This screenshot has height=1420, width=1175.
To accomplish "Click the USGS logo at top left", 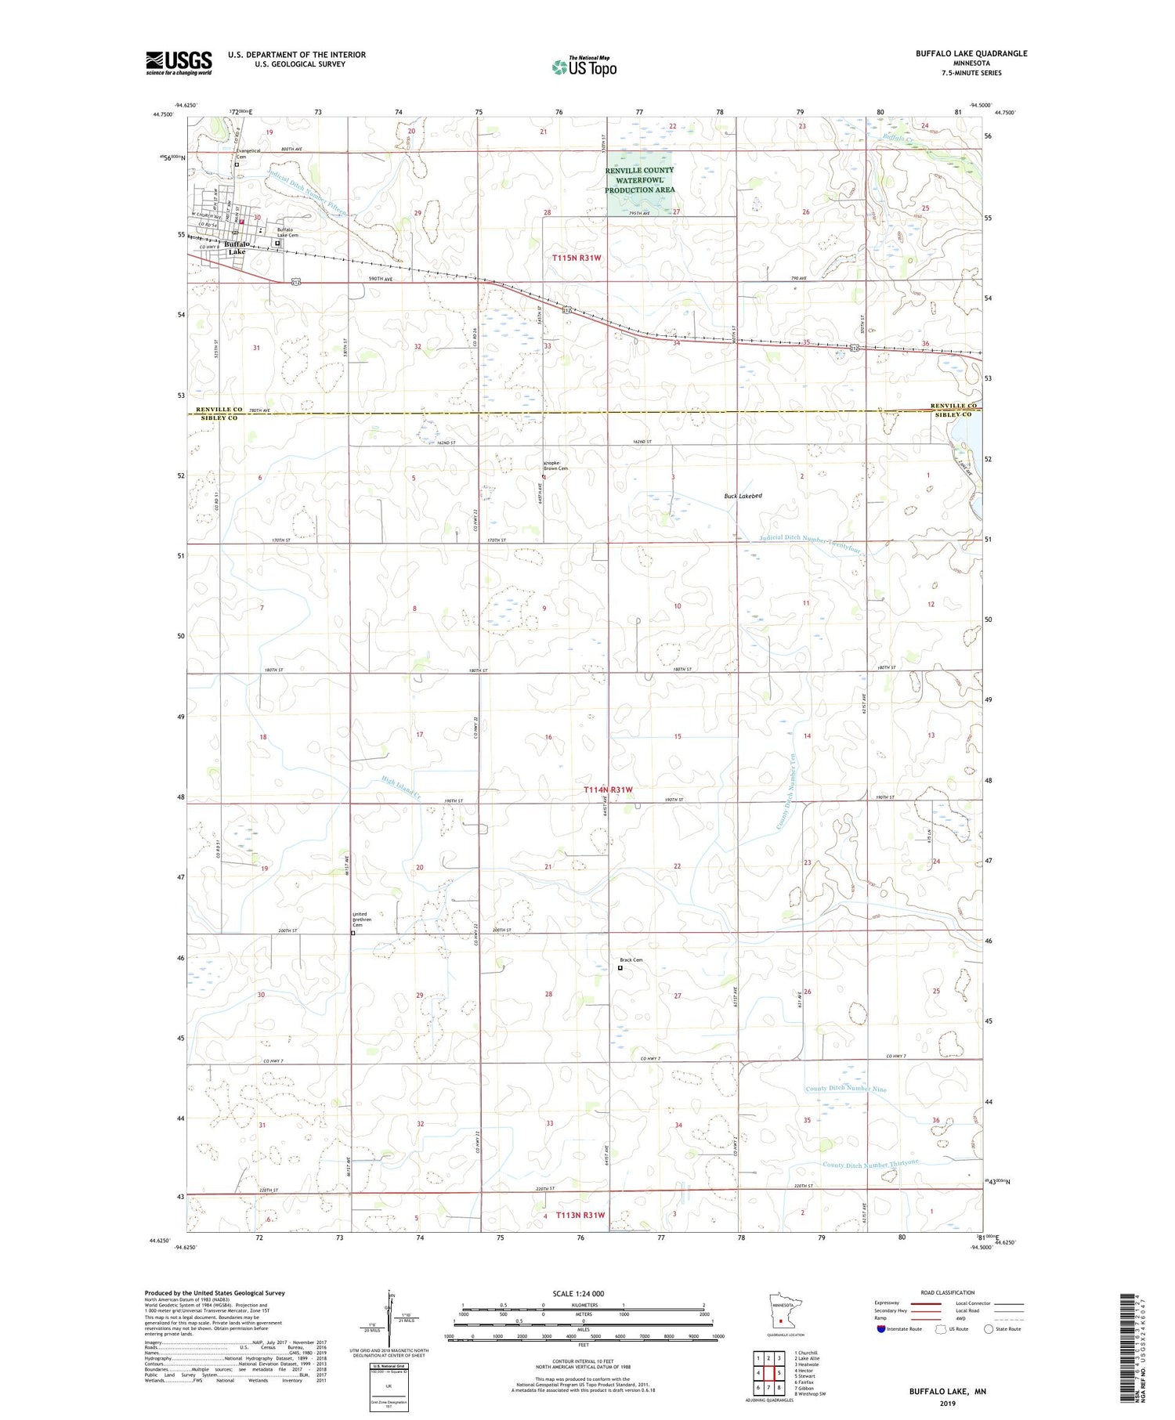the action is coord(179,63).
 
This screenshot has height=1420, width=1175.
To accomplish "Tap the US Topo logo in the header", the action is coord(584,67).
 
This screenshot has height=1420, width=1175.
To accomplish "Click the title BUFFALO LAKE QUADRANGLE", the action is coord(971,54).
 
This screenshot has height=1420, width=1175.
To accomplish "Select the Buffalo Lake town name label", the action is coord(236,248).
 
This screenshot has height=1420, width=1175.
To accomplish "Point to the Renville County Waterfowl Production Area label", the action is coord(639,180).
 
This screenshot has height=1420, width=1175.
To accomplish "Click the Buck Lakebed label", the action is coord(742,496).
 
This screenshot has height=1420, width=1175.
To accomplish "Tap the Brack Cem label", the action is coord(631,960).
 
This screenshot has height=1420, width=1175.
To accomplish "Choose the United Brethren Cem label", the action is coord(360,919).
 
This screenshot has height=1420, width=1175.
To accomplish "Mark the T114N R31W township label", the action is coord(608,790).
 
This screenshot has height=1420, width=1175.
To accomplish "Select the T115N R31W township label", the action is coord(577,257).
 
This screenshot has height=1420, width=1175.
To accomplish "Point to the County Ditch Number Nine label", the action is coord(846,1089).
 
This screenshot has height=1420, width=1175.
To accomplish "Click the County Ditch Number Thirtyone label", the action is coord(870,1164).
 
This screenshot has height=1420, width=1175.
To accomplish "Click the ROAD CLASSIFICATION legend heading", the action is coord(948,1292).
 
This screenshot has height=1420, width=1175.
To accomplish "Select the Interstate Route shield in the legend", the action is coord(881,1328).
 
